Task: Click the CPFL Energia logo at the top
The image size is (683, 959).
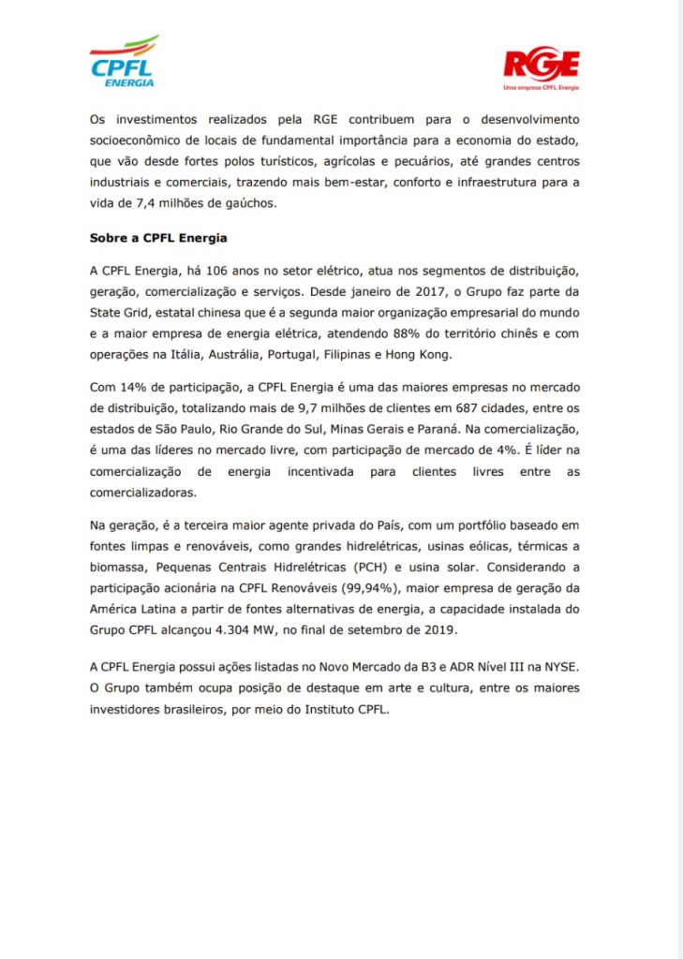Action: (x=124, y=62)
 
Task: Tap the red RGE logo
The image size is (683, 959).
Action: (x=542, y=68)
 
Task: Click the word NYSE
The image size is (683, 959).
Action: (x=559, y=669)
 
